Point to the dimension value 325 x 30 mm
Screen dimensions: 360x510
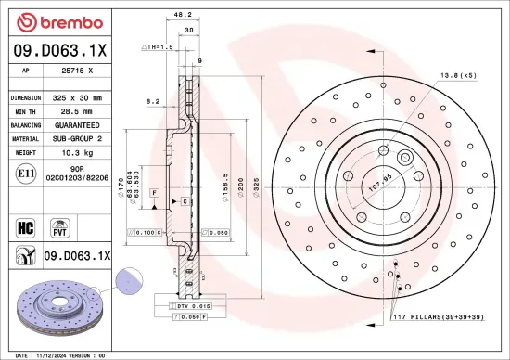tap(74, 96)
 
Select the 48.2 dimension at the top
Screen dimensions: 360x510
tap(183, 14)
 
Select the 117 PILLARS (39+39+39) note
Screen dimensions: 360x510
tap(438, 318)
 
